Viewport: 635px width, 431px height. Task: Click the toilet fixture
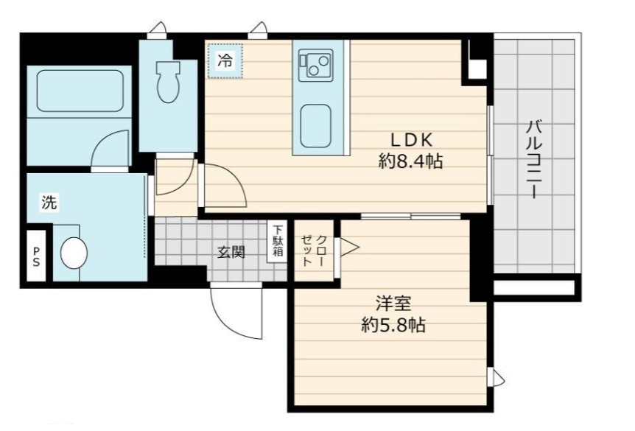point(168,82)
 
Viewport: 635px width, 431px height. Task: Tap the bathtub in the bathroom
point(80,91)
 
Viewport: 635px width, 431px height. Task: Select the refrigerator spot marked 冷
point(225,60)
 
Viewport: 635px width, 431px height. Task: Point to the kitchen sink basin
point(315,125)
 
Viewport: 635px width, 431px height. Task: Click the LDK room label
point(411,140)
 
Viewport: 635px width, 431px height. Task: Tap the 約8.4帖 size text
point(410,161)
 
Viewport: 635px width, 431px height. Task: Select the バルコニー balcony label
point(534,159)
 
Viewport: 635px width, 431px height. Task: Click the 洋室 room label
point(393,303)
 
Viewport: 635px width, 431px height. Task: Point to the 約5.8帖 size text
point(393,324)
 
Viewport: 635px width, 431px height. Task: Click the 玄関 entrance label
point(231,253)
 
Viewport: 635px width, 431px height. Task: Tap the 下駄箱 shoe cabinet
point(278,241)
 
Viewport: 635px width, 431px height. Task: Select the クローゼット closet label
point(313,250)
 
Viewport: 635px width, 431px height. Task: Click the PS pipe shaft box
point(36,256)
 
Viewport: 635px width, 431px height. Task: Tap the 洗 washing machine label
point(49,202)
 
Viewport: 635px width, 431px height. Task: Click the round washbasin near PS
point(74,253)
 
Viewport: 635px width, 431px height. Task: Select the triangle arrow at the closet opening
point(349,247)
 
